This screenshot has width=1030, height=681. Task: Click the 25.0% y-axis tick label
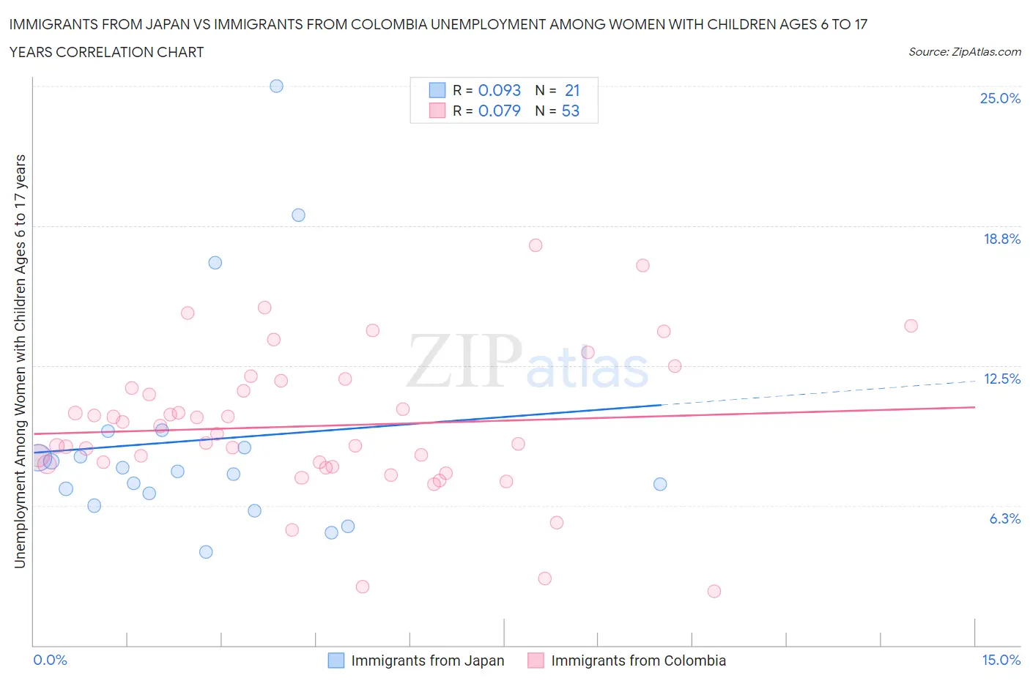[x=1000, y=99]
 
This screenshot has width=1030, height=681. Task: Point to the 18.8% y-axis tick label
[x=1001, y=239]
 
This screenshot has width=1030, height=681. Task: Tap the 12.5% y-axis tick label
[x=1001, y=379]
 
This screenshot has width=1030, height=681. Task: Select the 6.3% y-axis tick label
[x=1004, y=518]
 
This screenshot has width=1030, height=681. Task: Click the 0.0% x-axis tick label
[x=50, y=660]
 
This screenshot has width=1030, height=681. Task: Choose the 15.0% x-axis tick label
[x=1001, y=660]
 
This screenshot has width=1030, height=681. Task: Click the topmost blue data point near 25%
[x=276, y=86]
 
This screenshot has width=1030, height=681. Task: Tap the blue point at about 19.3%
[x=298, y=215]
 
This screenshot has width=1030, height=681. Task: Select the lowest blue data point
[x=206, y=552]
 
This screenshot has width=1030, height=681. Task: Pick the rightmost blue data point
[x=660, y=484]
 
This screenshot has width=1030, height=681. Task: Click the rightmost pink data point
[x=911, y=326]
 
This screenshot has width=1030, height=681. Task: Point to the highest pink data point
[x=536, y=245]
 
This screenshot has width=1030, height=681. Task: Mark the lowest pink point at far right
[x=714, y=591]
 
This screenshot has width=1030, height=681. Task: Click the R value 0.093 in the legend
[x=499, y=90]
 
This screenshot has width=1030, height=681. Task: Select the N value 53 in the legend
[x=570, y=111]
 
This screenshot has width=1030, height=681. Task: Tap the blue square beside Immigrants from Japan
[x=336, y=660]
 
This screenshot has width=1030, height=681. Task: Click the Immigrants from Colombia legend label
[x=638, y=660]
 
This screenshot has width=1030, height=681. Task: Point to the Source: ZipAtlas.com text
[x=964, y=52]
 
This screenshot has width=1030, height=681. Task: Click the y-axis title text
[x=21, y=361]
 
